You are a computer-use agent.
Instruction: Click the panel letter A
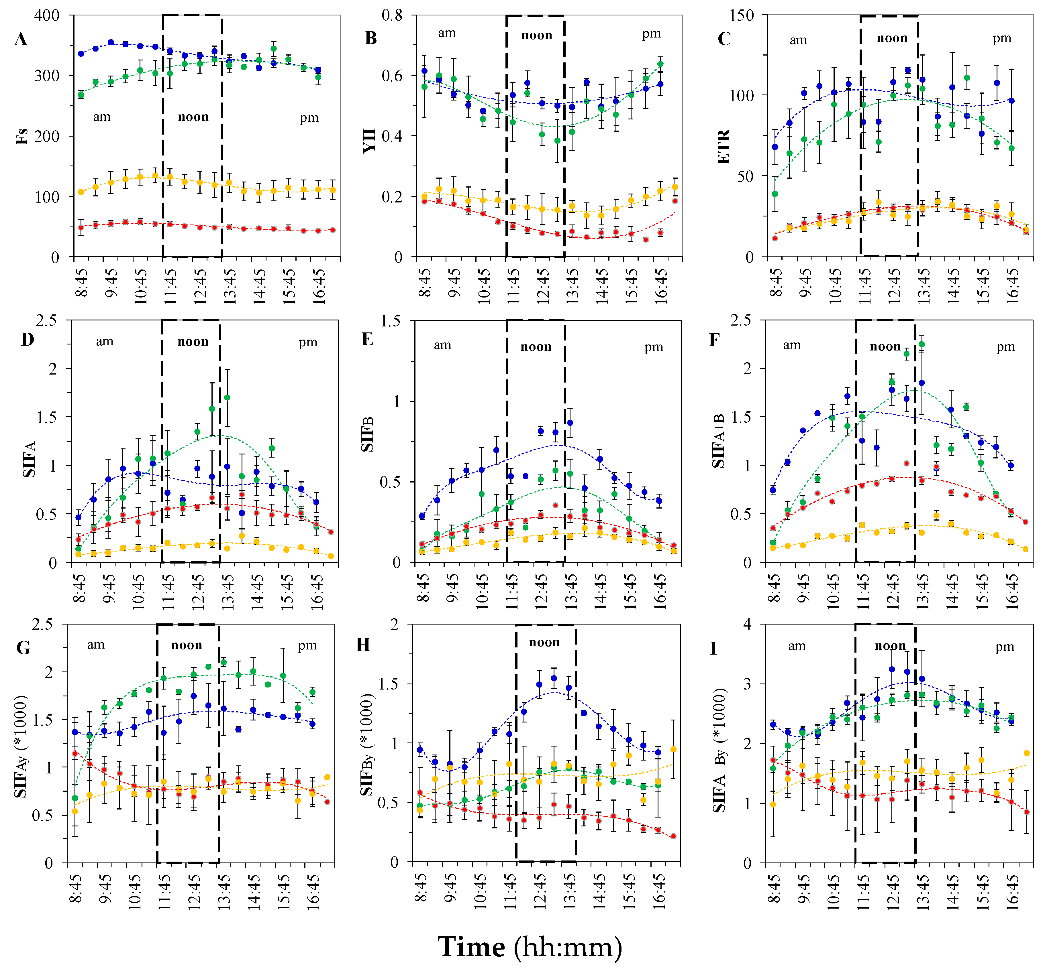[21, 39]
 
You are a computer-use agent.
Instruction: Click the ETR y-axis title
[724, 147]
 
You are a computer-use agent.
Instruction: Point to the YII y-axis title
[370, 141]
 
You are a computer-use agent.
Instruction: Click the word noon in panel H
[544, 642]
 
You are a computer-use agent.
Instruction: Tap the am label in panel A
[102, 117]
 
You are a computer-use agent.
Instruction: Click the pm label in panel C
[1001, 38]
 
